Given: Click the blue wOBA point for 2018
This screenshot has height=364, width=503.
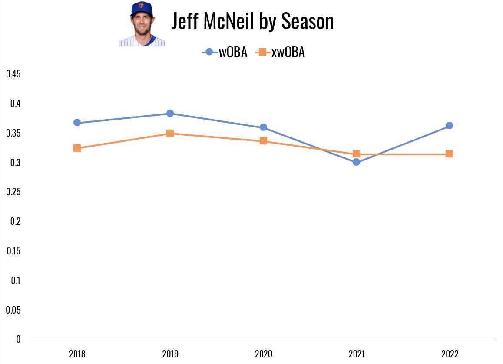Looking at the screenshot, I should pos(77,123).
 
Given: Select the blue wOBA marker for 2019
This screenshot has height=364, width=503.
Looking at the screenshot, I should pos(170,114).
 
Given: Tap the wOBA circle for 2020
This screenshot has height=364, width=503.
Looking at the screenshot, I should pos(263,127).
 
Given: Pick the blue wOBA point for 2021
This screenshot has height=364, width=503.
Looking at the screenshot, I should pos(356,162).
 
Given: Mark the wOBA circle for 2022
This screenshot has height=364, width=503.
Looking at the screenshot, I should pos(449,126).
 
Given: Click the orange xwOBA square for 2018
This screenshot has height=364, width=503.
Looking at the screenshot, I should pos(77,148).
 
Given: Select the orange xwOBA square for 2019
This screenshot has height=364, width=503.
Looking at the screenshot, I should pos(170,134).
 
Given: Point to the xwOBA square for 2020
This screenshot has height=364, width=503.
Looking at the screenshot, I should pos(263,141).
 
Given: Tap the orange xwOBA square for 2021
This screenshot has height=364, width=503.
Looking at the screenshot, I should pos(356,154).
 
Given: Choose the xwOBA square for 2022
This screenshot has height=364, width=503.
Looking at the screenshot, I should pos(449,154).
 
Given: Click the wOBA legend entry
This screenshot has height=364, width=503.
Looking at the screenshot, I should pos(225,53).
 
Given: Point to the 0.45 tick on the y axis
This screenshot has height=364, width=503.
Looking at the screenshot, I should pos(13,74).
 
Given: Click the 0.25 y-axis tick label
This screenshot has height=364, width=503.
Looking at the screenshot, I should pos(13,192).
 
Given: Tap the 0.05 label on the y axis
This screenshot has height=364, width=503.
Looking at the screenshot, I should pos(13,310).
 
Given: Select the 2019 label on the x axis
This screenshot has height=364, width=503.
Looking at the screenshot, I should pos(170,354).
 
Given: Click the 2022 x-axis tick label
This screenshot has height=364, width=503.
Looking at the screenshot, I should pos(449,354).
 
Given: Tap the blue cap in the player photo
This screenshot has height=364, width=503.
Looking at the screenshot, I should pos(142,8).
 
